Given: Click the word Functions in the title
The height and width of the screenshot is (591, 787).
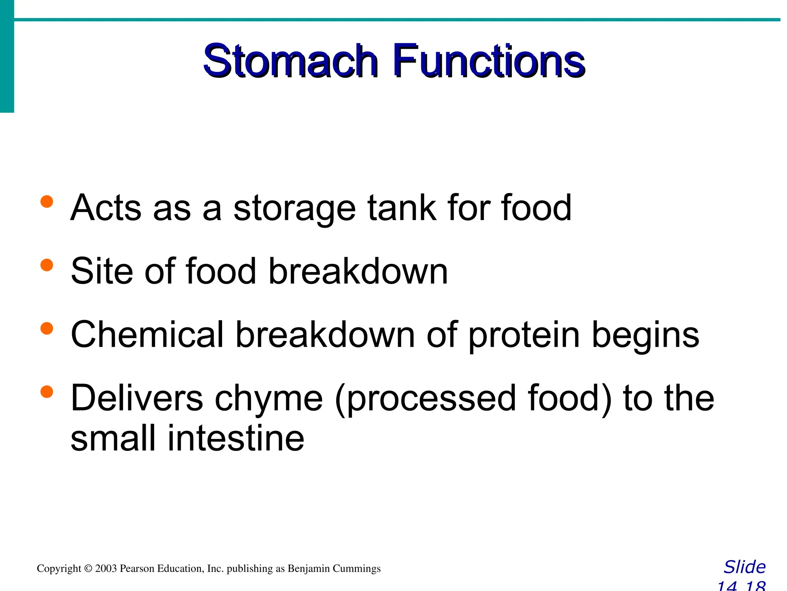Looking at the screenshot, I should tap(488, 62).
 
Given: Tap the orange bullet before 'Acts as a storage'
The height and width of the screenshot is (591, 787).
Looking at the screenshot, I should tap(46, 202).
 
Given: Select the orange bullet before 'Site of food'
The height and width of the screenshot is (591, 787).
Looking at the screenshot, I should tap(46, 265).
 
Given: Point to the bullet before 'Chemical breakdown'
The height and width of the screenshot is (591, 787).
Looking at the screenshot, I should tap(46, 329).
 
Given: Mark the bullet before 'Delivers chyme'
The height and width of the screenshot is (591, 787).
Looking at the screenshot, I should tap(46, 392).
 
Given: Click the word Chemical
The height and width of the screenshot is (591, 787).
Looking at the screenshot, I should tap(147, 334).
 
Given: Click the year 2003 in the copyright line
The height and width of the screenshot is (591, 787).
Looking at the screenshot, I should tap(106, 569).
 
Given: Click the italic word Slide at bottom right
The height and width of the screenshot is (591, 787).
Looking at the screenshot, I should tap(744, 567).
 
